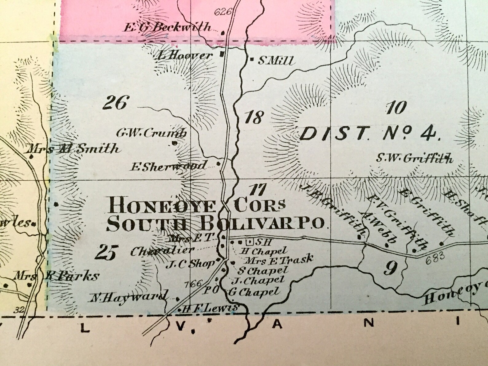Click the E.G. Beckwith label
pos(168,27)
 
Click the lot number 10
pos(396,108)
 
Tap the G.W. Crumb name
pos(152,133)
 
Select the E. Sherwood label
pos(168,166)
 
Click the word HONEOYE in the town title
pos(161,205)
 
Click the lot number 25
pos(105,253)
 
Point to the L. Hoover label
pos(185,56)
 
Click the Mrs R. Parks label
pos(57,276)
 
